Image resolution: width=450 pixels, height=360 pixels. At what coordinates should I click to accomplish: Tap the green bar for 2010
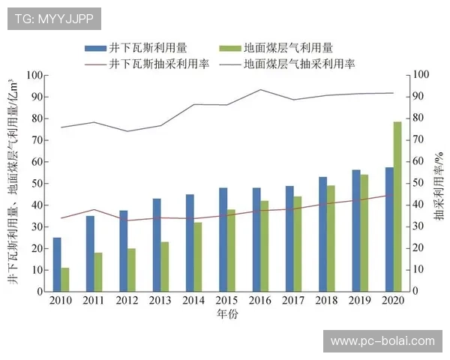click(x=65, y=279)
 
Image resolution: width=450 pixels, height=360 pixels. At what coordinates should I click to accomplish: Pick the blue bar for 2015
click(x=223, y=239)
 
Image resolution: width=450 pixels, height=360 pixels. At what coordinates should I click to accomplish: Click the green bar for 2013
click(x=165, y=266)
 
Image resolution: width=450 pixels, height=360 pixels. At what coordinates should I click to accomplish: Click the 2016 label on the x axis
click(x=260, y=301)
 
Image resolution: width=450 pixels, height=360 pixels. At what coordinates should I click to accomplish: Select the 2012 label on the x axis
click(x=127, y=301)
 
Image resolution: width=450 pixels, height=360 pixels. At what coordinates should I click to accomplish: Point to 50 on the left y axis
click(x=33, y=184)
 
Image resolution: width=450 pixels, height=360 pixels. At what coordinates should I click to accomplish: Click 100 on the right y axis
click(x=421, y=76)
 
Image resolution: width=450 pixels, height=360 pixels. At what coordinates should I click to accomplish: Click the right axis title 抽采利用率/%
click(x=438, y=184)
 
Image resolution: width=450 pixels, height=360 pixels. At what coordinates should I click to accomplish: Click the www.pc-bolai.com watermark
click(x=382, y=341)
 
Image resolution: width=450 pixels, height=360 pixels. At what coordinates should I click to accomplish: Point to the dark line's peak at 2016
click(x=260, y=90)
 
